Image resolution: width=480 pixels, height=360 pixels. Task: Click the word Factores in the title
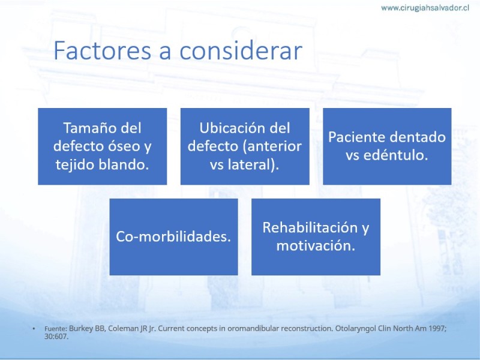tap(103, 50)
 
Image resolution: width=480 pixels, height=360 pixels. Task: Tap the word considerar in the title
tap(241, 50)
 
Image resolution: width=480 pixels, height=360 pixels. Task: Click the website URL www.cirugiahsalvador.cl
tap(425, 8)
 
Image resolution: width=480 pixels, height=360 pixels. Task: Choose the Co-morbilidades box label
tap(173, 236)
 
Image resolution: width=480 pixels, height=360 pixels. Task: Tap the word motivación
tap(316, 246)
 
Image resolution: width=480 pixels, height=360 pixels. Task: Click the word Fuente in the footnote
tap(55, 329)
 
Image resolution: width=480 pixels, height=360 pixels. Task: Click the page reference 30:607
tap(56, 337)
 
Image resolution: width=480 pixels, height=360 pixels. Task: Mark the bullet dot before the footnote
tap(34, 329)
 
